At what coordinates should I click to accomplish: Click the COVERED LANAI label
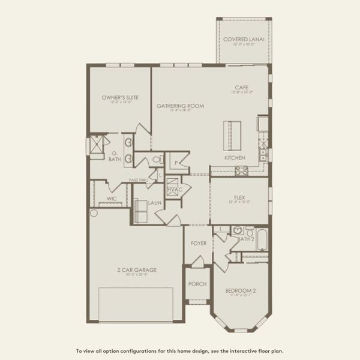[x=244, y=40]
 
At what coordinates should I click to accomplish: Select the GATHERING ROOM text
[x=180, y=106]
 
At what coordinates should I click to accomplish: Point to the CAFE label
[x=241, y=88]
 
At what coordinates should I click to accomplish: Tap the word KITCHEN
[x=235, y=158]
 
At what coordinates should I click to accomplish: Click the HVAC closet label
[x=173, y=190]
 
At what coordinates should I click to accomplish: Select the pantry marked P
[x=177, y=163]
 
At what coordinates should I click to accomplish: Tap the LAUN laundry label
[x=155, y=203]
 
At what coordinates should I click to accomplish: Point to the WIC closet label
[x=112, y=197]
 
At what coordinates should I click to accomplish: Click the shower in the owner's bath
[x=96, y=146]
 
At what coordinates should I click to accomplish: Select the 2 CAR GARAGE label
[x=137, y=270]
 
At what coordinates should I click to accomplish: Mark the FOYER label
[x=199, y=244]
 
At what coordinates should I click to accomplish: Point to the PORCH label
[x=197, y=284]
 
